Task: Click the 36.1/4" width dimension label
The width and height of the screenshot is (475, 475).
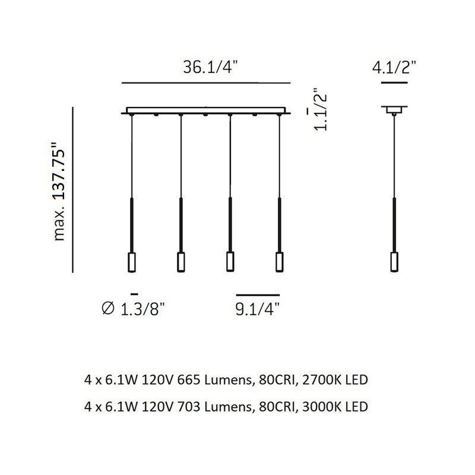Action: click(x=211, y=67)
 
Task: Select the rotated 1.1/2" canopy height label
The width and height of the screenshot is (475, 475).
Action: click(x=321, y=109)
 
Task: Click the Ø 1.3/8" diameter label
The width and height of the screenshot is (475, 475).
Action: click(x=133, y=309)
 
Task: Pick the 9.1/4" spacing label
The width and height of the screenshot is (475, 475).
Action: click(x=257, y=309)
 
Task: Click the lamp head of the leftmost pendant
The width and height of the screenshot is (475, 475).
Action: click(x=131, y=262)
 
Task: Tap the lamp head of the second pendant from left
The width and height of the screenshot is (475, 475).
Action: click(x=181, y=262)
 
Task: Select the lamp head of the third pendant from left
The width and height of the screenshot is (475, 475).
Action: click(x=230, y=261)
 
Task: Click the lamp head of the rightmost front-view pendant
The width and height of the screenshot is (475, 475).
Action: click(x=280, y=261)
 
